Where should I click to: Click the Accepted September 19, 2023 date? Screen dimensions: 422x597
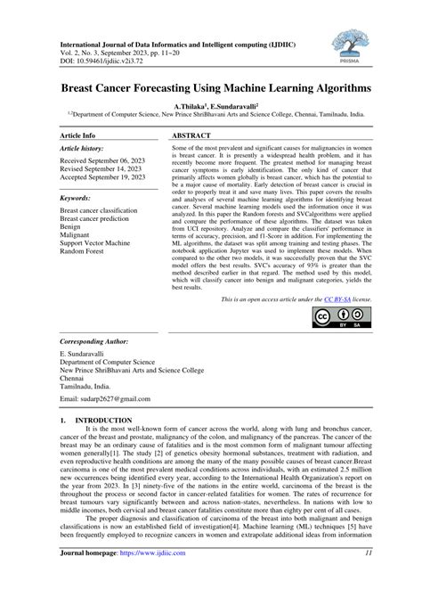pos(103,184)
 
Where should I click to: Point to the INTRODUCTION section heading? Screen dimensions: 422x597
pos(104,419)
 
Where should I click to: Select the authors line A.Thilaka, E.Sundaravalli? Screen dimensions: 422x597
pos(211,105)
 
